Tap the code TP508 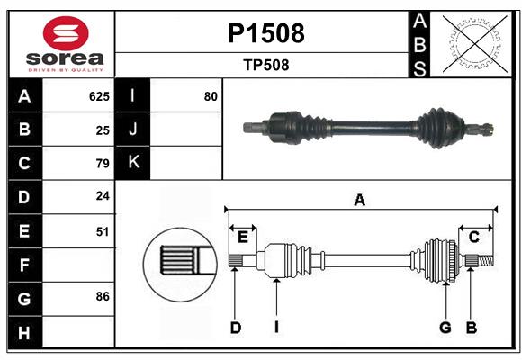265,65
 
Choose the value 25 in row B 103,130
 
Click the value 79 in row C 103,164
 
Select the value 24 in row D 103,196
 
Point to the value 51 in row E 103,231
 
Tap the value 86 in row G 103,296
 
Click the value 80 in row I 211,96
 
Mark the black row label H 24,333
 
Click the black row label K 133,163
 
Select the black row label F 24,265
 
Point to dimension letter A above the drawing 360,201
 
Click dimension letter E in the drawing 243,237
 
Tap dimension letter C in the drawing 473,237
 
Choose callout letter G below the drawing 445,328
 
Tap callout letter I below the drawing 276,328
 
